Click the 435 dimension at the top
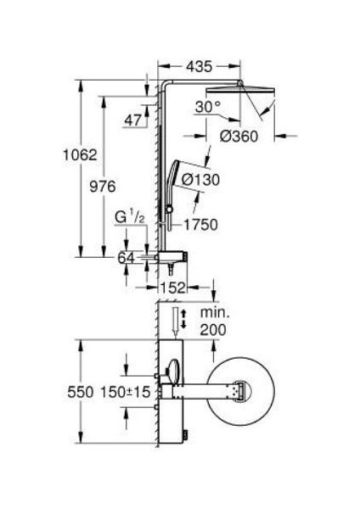[x=199, y=66]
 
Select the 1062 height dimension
[x=80, y=155]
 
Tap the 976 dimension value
[x=103, y=187]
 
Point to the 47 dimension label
[x=133, y=120]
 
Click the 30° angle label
[x=208, y=107]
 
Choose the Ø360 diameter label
[x=239, y=137]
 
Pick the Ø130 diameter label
[x=200, y=180]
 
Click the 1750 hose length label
[x=200, y=225]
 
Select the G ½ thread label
[x=130, y=217]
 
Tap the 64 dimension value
[x=126, y=258]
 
